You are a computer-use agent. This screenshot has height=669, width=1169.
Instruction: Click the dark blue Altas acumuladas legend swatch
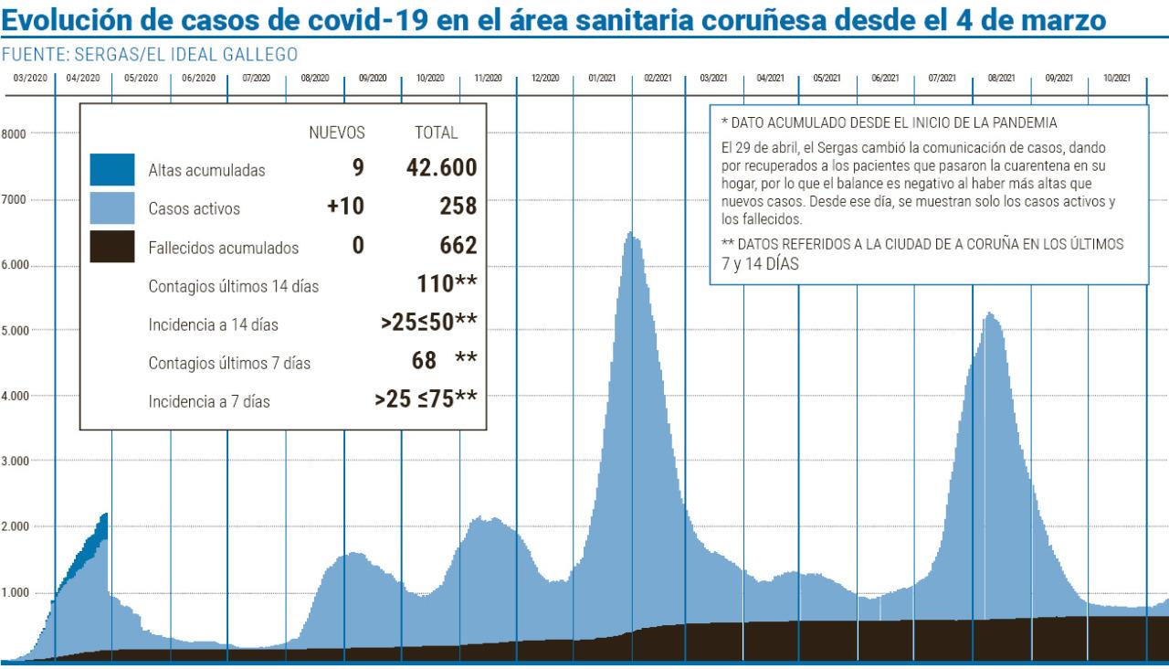click(112, 169)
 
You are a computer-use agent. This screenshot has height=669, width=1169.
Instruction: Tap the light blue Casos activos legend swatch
click(112, 207)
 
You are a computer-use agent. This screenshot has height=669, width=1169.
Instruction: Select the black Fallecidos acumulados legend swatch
click(112, 247)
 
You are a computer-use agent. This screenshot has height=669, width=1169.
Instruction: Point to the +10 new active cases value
click(345, 207)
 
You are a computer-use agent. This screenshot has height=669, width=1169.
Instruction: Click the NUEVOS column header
click(337, 133)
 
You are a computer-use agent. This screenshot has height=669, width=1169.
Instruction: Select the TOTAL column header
click(437, 133)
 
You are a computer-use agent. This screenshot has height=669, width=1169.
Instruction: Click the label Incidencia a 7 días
click(209, 400)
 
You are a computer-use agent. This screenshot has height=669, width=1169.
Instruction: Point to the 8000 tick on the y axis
click(14, 133)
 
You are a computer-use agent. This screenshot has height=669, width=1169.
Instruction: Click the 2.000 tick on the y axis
click(17, 526)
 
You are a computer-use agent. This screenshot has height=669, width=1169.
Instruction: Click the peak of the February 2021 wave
click(630, 235)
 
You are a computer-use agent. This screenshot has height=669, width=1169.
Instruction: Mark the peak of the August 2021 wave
click(989, 315)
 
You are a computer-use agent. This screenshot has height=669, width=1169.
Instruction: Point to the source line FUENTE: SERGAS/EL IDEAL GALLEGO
click(150, 55)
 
